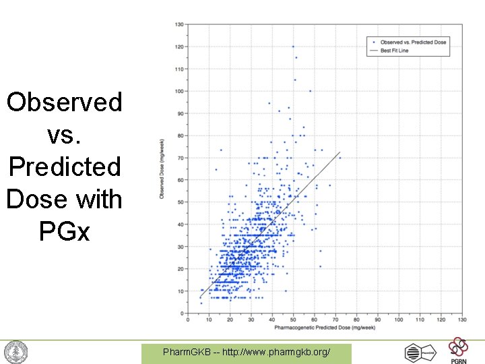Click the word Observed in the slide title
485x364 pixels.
click(x=65, y=102)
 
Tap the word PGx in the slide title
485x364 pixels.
click(x=65, y=231)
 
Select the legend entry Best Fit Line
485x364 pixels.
click(x=395, y=51)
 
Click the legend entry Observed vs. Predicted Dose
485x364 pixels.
click(x=413, y=42)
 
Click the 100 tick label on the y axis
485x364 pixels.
click(x=179, y=91)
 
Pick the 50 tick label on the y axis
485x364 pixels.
click(x=181, y=202)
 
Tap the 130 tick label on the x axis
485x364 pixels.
click(x=462, y=320)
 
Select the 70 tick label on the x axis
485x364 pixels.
click(x=335, y=320)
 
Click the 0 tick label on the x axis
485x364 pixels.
click(x=187, y=320)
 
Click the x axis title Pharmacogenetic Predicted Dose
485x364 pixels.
click(x=325, y=328)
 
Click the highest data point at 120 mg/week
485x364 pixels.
click(x=293, y=47)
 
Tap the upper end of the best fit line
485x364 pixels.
click(x=340, y=152)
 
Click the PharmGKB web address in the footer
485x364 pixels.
click(x=246, y=353)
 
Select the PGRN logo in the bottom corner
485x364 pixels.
click(x=459, y=351)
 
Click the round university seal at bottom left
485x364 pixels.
click(x=15, y=352)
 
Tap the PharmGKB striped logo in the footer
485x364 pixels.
click(x=419, y=352)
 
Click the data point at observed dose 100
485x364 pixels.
click(x=310, y=91)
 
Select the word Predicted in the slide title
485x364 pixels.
click(x=65, y=166)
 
